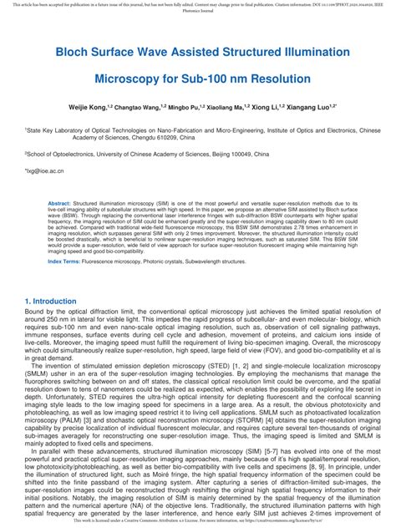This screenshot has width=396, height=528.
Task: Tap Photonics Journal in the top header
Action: click(x=198, y=12)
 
